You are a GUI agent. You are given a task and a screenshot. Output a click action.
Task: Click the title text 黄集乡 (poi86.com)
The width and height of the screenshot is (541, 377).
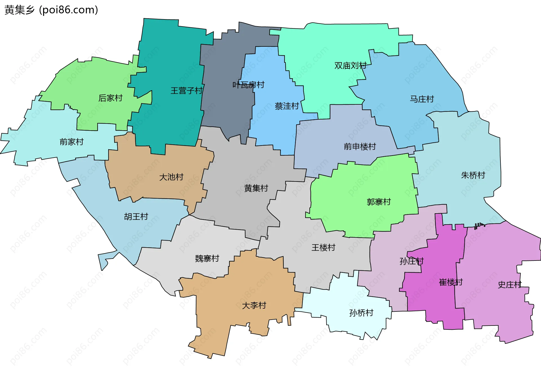point(51,10)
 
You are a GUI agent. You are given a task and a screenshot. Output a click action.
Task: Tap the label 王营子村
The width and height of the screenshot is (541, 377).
point(187,91)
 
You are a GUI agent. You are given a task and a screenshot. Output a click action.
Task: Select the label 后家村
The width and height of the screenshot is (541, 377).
point(110,98)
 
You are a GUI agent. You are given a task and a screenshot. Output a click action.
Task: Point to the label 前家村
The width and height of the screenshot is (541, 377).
point(72,142)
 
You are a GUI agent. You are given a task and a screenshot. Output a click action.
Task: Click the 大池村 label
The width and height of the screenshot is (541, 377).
point(171,177)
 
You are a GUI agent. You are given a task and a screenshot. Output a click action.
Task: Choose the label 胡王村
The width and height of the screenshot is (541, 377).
point(136,217)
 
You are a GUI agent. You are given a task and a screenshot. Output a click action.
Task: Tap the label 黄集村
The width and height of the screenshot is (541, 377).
point(256,188)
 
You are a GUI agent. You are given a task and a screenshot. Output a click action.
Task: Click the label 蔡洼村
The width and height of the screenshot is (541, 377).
point(287,106)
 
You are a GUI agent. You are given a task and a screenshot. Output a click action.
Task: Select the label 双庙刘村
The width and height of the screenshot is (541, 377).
point(350,66)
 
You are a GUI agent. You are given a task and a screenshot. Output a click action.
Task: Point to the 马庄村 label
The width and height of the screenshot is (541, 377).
point(422,99)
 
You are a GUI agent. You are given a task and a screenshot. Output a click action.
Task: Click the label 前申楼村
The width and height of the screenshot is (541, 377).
point(360,147)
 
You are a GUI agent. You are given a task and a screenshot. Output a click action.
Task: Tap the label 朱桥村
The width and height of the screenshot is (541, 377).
point(473,175)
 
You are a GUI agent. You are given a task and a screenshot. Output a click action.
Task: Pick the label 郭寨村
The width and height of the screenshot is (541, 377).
point(379,202)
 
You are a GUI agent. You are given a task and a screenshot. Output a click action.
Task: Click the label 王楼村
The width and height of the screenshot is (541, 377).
point(323,248)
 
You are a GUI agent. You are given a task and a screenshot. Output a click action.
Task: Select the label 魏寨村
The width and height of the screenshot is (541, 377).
point(207,259)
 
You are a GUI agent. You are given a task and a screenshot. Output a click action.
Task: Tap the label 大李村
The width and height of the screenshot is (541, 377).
point(254,305)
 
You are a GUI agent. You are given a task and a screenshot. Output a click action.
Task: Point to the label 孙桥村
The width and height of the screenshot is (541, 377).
point(361,313)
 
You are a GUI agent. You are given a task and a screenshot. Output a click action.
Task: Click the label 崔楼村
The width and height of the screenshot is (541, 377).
point(451,282)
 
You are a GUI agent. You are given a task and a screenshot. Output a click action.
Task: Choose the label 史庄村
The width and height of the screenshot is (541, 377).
point(510,285)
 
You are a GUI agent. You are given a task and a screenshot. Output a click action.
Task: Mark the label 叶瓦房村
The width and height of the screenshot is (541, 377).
point(248,85)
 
